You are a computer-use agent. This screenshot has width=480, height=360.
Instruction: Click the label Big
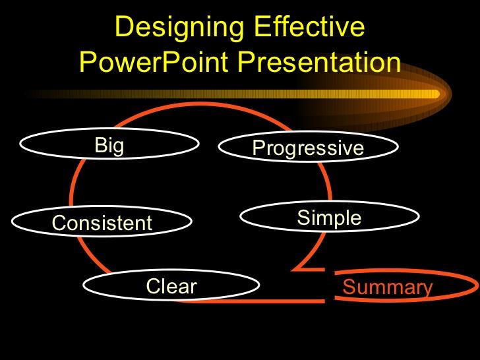(109, 146)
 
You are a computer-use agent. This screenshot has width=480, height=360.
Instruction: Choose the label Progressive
(308, 148)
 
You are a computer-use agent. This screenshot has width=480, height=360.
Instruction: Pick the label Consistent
(102, 224)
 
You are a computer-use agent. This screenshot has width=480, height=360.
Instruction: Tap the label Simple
(329, 218)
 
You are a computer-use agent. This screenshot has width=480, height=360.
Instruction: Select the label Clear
(171, 287)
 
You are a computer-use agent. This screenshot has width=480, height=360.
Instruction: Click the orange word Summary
(388, 288)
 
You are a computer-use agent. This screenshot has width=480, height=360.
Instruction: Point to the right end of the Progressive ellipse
(398, 147)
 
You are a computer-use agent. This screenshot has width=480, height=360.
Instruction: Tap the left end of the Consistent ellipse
(13, 222)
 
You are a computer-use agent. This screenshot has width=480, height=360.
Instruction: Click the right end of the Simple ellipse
(419, 217)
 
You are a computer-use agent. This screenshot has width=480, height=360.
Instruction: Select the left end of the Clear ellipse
(84, 285)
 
